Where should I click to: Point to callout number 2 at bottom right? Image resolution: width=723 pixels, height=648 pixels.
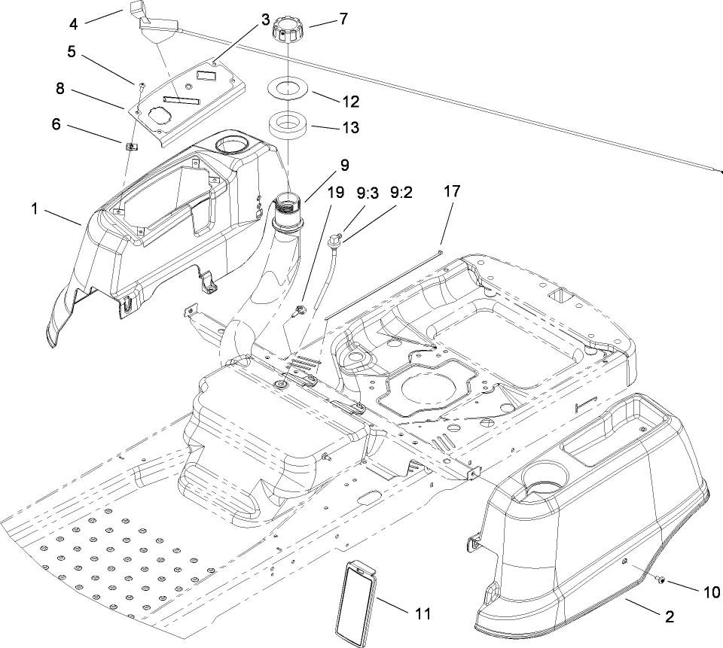tap(667, 614)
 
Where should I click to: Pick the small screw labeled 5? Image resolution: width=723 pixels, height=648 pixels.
tap(141, 84)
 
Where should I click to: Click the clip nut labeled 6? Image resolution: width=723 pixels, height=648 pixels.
tap(130, 145)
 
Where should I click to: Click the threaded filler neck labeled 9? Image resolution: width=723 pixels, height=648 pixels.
tap(289, 203)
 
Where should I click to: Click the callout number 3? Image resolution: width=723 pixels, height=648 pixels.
tap(265, 19)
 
